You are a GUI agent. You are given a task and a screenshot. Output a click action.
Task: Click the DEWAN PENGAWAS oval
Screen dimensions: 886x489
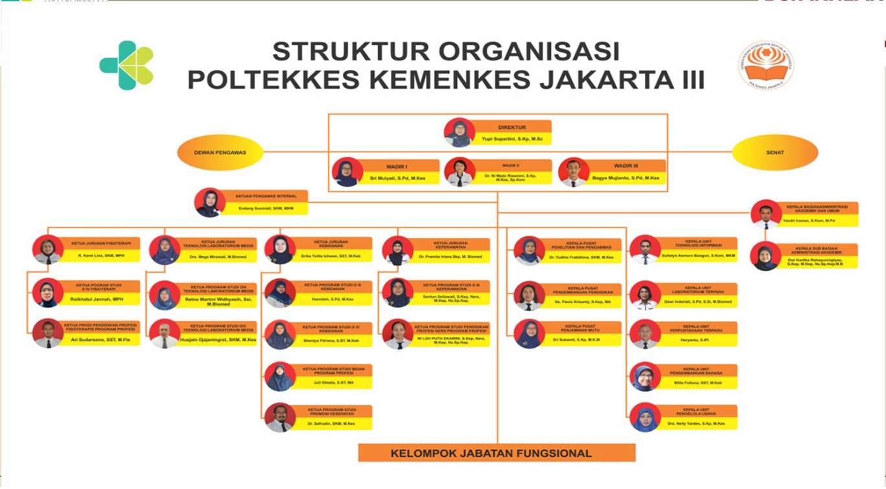pos(220,153)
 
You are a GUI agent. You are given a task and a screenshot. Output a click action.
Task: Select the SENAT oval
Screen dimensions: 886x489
pos(775,153)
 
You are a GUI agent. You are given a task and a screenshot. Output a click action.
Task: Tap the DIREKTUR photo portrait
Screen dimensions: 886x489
pos(460,133)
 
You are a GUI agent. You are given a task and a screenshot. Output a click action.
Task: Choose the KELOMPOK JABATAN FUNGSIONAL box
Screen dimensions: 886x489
pos(497,453)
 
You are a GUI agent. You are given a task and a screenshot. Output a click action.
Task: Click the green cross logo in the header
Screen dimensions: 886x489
pos(126,65)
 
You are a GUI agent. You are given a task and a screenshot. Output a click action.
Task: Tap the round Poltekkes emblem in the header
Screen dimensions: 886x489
pos(766,65)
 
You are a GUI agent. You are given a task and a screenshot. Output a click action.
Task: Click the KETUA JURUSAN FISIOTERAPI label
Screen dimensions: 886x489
pos(100,244)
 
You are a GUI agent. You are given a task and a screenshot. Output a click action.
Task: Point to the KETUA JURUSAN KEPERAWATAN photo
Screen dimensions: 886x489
pos(397,251)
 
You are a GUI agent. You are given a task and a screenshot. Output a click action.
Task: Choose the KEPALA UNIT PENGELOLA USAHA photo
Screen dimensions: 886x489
pos(645,418)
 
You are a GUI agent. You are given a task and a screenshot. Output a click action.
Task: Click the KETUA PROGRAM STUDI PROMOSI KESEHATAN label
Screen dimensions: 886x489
pos(332,411)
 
